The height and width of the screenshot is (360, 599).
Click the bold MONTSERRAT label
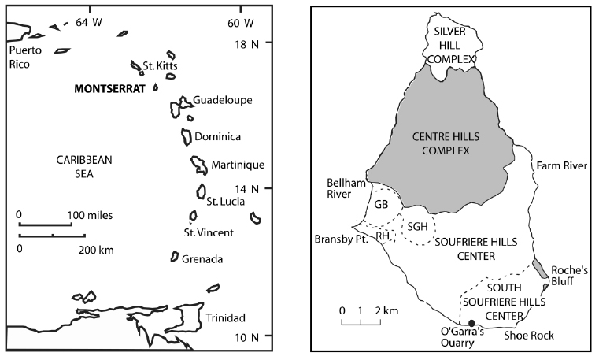coord(110,89)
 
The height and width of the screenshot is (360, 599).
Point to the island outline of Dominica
coord(187,136)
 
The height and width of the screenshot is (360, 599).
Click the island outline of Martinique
coord(199,165)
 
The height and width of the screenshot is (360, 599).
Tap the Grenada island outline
coord(174,257)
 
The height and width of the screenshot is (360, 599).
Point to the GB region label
coord(382,203)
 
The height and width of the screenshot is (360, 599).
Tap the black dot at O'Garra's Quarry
coord(471,323)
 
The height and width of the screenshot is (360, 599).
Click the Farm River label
coord(557,166)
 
